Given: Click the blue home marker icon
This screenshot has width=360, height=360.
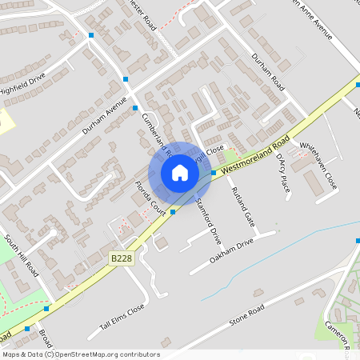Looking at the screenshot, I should coord(180,172).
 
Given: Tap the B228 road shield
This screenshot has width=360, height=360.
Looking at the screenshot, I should coord(121,258).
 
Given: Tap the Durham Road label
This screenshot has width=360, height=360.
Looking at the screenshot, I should coord(267,72).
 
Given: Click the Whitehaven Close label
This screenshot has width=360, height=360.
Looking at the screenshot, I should coord(318,167).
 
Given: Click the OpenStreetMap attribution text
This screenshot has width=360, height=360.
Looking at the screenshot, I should coord(80,354).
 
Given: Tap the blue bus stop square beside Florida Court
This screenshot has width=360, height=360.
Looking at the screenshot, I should coord(174,210).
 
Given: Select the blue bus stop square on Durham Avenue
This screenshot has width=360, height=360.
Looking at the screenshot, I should coord(135,107).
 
